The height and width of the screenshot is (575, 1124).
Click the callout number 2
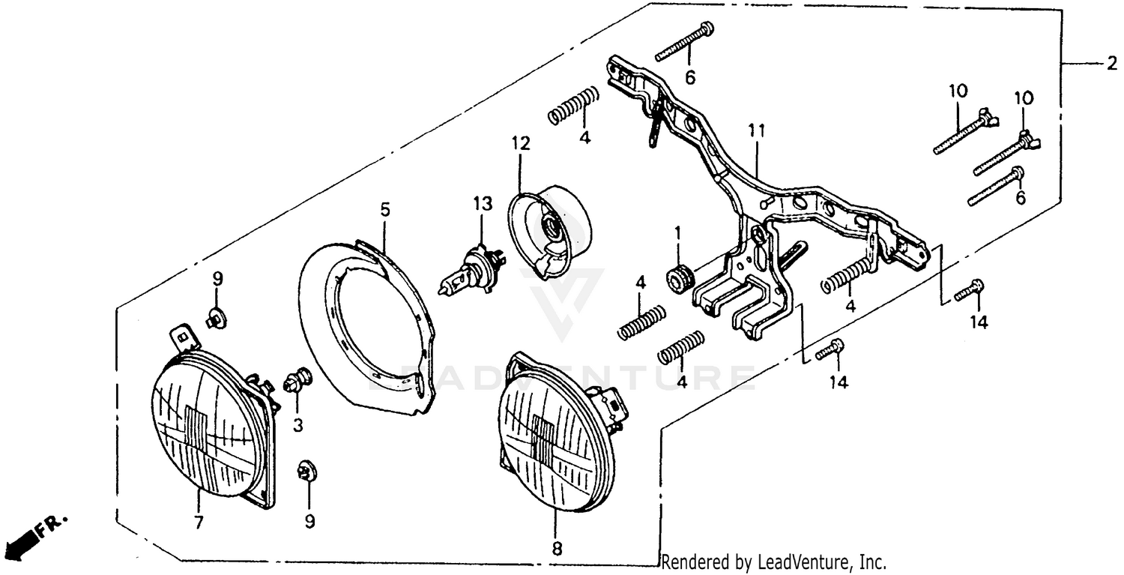point(1111,65)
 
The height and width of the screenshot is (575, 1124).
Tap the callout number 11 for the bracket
point(756,131)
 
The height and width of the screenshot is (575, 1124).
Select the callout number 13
point(482,203)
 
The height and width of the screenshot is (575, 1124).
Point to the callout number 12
point(520,142)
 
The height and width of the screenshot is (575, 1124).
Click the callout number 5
point(384,210)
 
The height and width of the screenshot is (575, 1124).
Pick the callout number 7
point(198,523)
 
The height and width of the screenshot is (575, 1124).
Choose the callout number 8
point(556,548)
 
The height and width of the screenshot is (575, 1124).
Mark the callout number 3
point(297,426)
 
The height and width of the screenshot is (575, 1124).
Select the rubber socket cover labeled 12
point(551,224)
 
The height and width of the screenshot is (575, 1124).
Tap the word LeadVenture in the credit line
point(801,562)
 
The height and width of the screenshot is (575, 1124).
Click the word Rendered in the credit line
point(688,562)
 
